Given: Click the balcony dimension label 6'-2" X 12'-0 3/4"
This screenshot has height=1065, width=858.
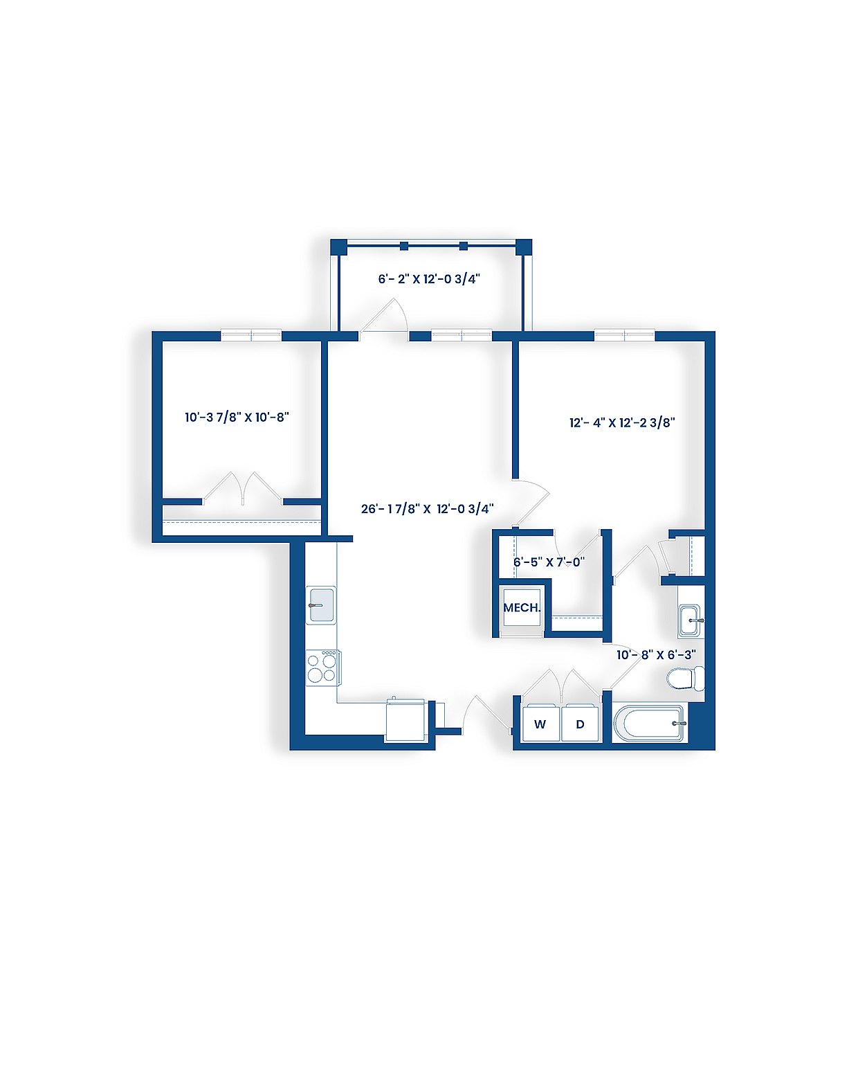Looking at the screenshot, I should tap(429, 279).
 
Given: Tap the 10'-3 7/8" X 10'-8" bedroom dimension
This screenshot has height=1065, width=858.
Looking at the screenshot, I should tap(237, 417).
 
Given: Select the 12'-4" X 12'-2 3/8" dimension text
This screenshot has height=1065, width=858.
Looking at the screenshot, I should tap(622, 422).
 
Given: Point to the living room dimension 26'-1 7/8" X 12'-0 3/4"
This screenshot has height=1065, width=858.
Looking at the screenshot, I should tap(428, 509).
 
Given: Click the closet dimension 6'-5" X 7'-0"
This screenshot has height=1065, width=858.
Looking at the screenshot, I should tap(549, 562).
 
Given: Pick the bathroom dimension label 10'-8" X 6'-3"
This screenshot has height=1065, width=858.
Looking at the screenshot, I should tap(656, 654).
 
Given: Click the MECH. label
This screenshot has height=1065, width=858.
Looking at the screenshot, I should tap(522, 608).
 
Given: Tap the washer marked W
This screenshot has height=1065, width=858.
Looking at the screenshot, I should tap(540, 724).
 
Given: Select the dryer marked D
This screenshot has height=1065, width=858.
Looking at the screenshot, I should tap(580, 724).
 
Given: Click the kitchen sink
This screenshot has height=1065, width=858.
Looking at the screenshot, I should tap(322, 605).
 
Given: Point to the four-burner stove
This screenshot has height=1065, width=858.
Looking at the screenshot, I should tap(322, 667).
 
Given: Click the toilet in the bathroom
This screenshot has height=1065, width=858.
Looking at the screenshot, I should tap(685, 679).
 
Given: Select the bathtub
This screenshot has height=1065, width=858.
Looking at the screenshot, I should tap(649, 724).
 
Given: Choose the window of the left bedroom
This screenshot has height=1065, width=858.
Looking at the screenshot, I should tap(251, 336).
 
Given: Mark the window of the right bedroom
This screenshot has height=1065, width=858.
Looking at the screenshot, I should tap(624, 336).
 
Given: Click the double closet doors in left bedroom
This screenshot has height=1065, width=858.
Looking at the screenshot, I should tap(243, 488).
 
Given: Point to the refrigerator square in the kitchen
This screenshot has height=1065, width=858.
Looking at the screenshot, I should tap(405, 721).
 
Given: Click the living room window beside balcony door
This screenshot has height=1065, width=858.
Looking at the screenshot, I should tap(462, 336).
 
